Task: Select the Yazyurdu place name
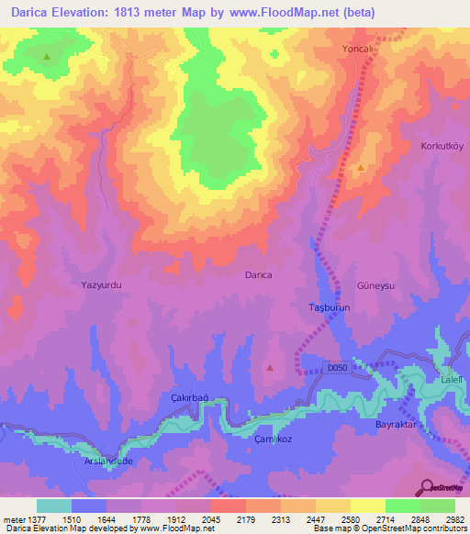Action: pos(101,285)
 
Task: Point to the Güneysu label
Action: pos(375,285)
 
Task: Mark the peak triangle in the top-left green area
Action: pos(47,56)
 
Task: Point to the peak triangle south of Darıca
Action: pos(270,367)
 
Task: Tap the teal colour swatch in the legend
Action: pos(53,506)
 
